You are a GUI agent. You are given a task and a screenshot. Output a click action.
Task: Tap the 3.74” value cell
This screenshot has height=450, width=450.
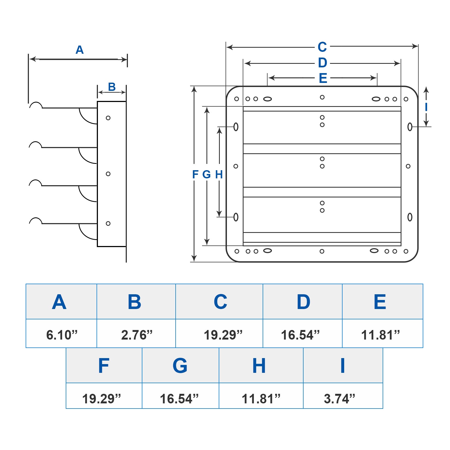[340, 398]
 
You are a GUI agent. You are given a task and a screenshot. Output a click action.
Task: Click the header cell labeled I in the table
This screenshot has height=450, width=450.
[343, 365]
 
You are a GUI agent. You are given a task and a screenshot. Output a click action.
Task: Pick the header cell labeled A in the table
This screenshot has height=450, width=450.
[59, 302]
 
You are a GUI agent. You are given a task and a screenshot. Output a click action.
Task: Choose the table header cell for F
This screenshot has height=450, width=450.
[104, 365]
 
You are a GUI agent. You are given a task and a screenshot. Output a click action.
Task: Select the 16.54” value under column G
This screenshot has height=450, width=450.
[179, 398]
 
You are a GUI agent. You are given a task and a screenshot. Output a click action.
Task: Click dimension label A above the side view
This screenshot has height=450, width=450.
[80, 50]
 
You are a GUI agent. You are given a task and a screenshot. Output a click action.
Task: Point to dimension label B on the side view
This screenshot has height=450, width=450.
[112, 87]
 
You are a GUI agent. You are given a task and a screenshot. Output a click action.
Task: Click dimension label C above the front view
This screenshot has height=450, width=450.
[322, 47]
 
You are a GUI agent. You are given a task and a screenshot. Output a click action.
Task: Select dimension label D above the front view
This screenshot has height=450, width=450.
[322, 63]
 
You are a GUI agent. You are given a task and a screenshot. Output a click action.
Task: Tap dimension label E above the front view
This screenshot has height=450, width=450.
[323, 78]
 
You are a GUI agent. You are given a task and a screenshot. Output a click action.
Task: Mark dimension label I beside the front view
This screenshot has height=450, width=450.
[426, 107]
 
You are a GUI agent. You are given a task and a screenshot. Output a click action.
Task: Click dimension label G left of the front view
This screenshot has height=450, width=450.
[207, 174]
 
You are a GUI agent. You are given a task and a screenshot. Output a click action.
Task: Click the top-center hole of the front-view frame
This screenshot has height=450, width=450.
[322, 97]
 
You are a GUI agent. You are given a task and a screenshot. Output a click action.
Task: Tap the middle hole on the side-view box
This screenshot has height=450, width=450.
[108, 174]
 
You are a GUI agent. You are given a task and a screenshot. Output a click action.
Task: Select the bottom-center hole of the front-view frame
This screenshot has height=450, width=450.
[322, 251]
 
